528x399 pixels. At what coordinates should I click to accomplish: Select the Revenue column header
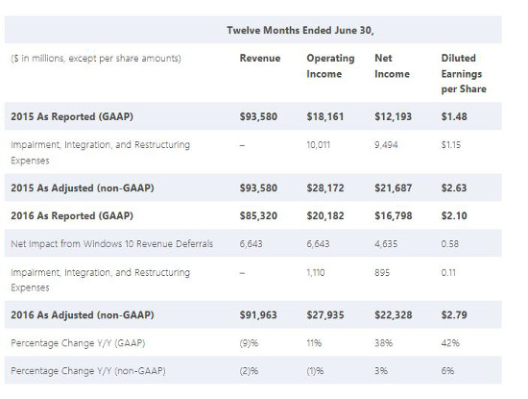tap(259, 59)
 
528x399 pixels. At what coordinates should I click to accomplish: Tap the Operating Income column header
tap(329, 66)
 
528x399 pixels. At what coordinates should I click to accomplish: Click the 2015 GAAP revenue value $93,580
tap(259, 115)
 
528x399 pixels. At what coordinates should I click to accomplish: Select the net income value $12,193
tap(394, 115)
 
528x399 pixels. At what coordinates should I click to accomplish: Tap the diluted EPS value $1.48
tap(455, 115)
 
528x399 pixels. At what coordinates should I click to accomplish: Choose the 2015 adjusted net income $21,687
tap(394, 187)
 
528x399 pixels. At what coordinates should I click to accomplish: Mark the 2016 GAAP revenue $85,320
tap(259, 216)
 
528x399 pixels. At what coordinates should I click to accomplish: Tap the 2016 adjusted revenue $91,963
tap(259, 314)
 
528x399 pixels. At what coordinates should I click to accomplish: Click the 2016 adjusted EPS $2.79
tap(455, 314)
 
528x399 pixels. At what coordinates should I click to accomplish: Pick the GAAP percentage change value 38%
tap(383, 342)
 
